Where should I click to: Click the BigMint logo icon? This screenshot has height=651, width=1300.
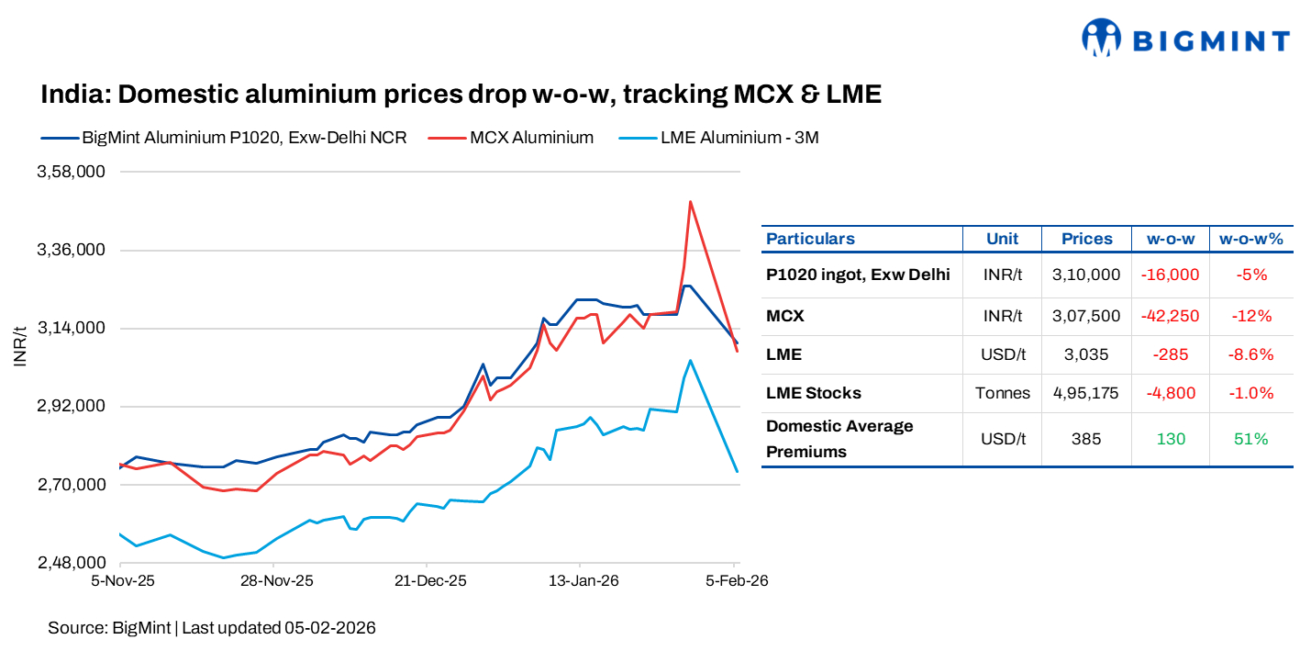click(1101, 38)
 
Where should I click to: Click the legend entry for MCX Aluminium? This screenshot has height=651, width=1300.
click(531, 138)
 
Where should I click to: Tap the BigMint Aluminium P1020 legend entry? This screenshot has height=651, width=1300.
click(244, 138)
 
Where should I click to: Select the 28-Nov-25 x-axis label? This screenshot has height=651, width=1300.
click(276, 581)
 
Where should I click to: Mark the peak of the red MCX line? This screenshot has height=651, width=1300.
click(690, 201)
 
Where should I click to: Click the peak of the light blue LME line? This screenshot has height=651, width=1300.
click(690, 360)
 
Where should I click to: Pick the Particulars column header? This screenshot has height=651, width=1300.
click(810, 239)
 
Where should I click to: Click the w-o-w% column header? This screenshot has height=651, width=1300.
click(1250, 239)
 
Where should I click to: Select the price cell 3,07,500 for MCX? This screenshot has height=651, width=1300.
click(1086, 316)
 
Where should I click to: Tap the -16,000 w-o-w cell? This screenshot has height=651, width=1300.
click(1170, 275)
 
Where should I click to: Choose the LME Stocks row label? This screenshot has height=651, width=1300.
click(813, 393)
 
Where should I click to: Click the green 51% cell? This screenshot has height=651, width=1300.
click(1250, 439)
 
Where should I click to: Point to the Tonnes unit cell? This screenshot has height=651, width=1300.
click(1002, 393)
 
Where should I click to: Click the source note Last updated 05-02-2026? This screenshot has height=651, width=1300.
click(279, 628)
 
